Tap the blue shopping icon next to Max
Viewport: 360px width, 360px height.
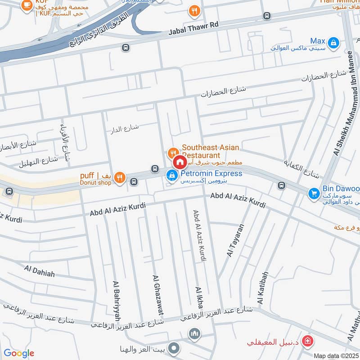[x=333, y=42]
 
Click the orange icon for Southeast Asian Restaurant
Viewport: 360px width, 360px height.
[x=172, y=153]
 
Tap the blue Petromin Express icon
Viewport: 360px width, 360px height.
[x=171, y=175]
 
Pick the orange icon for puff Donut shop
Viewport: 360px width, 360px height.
[x=119, y=177]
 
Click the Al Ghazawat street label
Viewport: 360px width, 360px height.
[x=157, y=295]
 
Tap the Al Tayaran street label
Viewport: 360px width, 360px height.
[x=235, y=241]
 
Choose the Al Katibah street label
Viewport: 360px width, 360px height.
[x=262, y=288]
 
